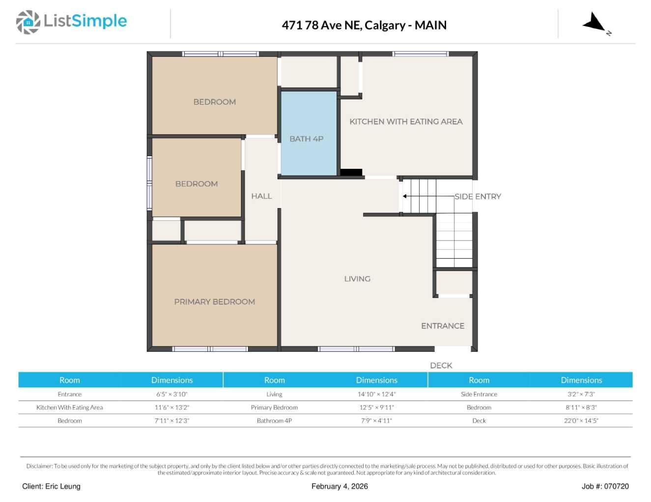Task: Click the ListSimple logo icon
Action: [28, 22]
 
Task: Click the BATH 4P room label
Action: [306, 139]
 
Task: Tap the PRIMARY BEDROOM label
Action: [214, 302]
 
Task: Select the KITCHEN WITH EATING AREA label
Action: [406, 122]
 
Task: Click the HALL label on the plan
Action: [261, 196]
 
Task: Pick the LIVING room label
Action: [357, 279]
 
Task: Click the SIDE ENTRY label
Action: [478, 196]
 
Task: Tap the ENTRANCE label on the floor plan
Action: [442, 326]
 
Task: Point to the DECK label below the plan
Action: [441, 366]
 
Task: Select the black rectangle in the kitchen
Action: [351, 172]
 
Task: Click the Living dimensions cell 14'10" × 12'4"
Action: [376, 394]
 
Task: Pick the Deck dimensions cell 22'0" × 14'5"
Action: [581, 421]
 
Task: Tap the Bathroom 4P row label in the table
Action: [274, 421]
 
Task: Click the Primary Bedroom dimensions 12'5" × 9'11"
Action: [376, 407]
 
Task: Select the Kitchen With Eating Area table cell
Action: [70, 407]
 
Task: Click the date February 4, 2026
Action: [340, 486]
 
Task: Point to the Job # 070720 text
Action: [605, 486]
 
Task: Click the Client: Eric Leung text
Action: [52, 486]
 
